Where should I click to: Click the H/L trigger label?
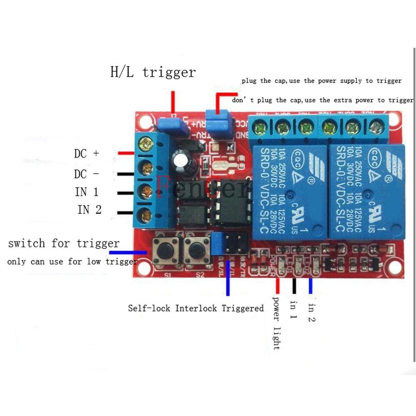click(x=153, y=72)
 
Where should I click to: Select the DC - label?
click(x=87, y=173)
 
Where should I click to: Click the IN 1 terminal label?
click(x=87, y=192)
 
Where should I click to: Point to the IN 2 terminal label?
click(x=89, y=209)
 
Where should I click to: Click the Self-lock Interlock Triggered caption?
click(x=196, y=308)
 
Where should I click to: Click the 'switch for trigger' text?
click(x=64, y=243)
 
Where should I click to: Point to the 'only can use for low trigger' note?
click(x=72, y=262)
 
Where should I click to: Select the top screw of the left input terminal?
click(x=146, y=144)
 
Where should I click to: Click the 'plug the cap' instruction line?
click(x=321, y=81)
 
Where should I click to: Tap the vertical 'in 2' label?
click(x=312, y=313)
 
